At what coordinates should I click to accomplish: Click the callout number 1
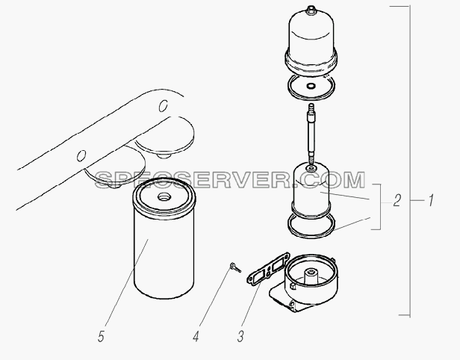click(x=431, y=201)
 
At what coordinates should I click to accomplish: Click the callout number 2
click(x=397, y=201)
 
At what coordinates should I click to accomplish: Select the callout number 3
click(x=240, y=336)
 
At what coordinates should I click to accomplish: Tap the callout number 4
click(x=196, y=336)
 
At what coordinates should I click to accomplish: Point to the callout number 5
click(x=101, y=336)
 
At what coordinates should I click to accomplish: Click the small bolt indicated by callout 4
click(x=235, y=267)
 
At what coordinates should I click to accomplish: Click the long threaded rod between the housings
click(x=311, y=133)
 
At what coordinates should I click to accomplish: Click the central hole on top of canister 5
click(x=164, y=196)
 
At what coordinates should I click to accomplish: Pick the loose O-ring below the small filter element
click(x=311, y=225)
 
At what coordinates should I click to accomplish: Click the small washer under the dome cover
click(x=311, y=86)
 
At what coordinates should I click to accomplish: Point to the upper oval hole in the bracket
click(x=163, y=106)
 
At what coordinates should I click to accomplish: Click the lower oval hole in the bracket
click(x=81, y=155)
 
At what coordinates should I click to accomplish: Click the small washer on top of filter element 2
click(x=311, y=168)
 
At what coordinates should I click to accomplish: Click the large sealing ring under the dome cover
click(x=311, y=87)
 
